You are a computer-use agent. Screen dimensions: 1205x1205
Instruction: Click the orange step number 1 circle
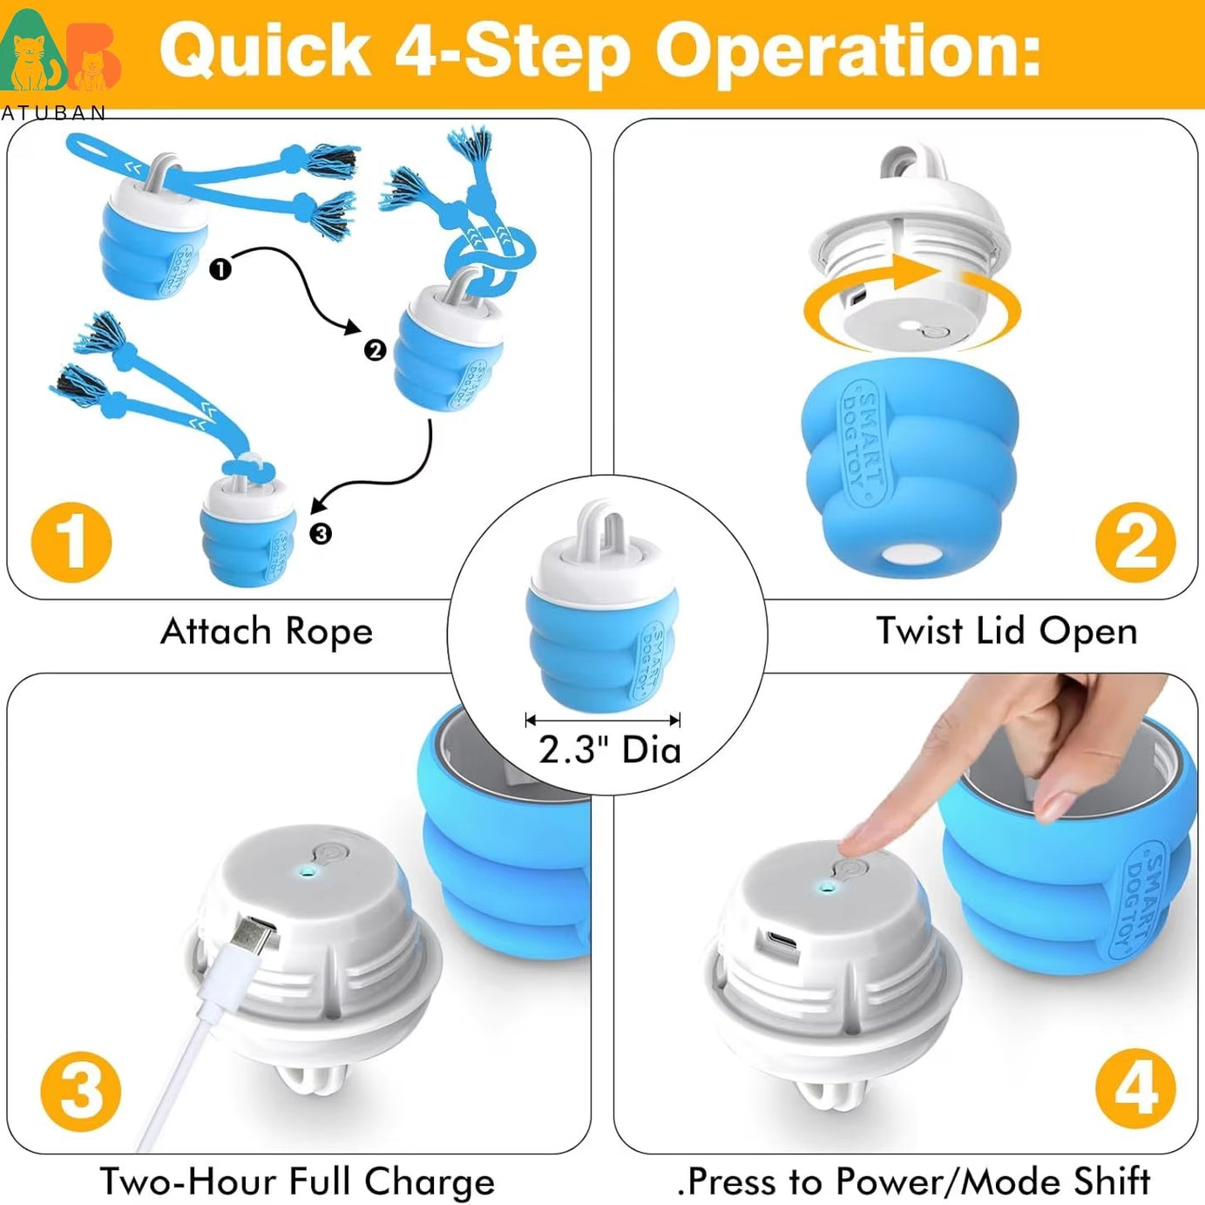(71, 542)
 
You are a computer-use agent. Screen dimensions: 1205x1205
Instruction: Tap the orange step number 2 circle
(1135, 542)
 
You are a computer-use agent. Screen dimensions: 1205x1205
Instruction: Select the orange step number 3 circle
(81, 1091)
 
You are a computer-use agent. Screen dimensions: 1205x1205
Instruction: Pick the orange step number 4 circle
(1135, 1089)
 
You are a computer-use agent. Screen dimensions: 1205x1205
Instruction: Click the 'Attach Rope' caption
(267, 632)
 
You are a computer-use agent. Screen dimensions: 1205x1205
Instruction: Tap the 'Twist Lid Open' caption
(1006, 631)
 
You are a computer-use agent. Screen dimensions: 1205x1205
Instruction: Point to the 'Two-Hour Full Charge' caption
(297, 1181)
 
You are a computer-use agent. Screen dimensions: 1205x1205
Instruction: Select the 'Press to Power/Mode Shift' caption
(914, 1181)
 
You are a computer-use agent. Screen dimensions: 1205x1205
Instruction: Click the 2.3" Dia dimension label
(609, 749)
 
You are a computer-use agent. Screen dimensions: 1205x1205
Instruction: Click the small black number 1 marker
(220, 269)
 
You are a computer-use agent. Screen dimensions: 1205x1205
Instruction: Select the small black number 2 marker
(375, 350)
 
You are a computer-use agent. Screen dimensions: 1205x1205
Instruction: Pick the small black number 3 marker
(321, 533)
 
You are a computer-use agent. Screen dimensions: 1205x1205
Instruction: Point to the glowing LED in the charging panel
(304, 872)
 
